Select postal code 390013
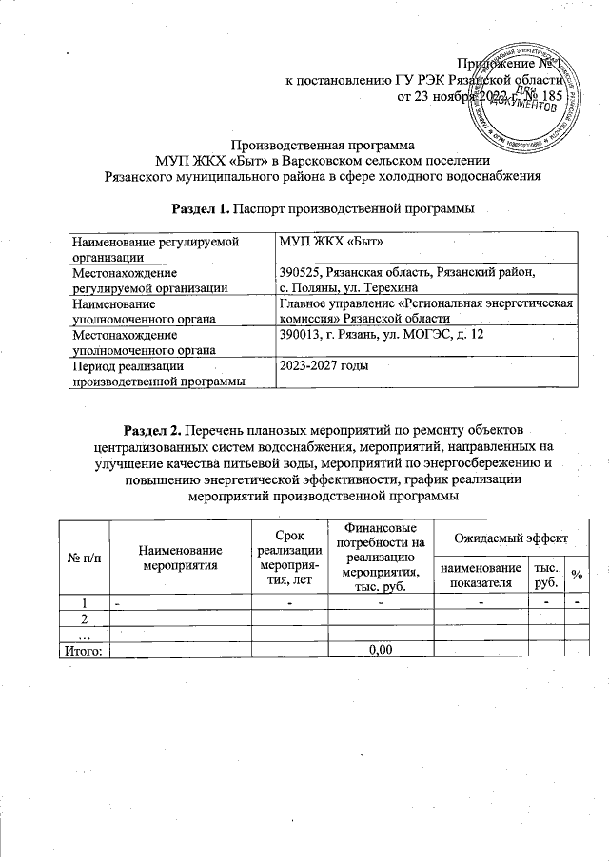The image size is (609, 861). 302,334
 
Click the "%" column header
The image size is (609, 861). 577,572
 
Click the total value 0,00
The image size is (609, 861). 381,649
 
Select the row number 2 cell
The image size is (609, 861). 84,618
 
